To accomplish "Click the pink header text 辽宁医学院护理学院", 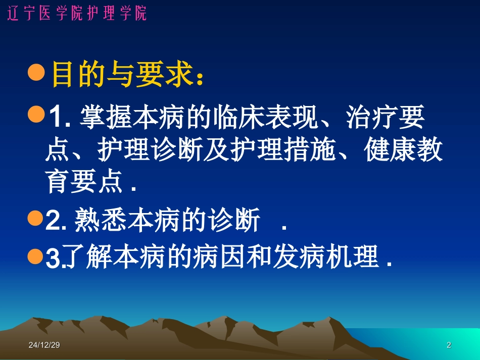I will [77, 13].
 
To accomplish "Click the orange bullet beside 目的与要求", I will [37, 73].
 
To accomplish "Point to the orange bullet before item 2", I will [35, 219].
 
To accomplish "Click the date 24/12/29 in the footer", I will [44, 345].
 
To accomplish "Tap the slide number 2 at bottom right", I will [449, 345].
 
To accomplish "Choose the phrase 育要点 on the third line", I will [84, 182].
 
